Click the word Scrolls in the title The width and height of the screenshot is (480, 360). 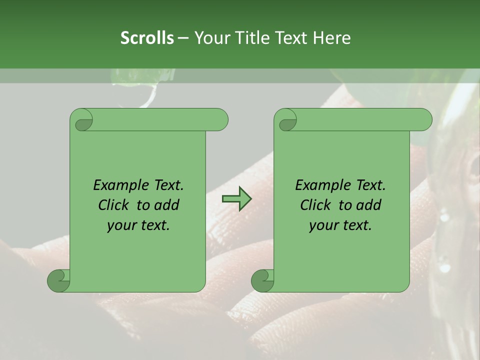tap(147, 38)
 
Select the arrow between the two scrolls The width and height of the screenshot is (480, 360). tap(236, 199)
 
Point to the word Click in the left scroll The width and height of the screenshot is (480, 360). tap(115, 205)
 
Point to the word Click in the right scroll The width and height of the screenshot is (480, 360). tap(317, 205)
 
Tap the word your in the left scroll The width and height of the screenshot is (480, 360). tap(121, 225)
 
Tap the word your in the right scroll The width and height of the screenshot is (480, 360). tap(323, 225)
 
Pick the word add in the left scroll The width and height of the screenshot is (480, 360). tap(167, 205)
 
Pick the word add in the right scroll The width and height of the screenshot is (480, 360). tap(369, 205)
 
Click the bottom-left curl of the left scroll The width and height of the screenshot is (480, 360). tap(58, 280)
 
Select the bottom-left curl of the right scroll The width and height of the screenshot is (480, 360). tap(262, 280)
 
